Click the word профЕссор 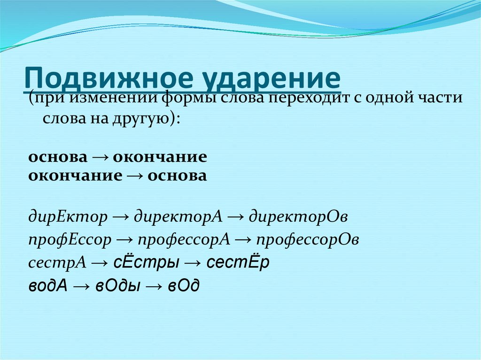coord(70,240)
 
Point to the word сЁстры coord(146,262)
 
